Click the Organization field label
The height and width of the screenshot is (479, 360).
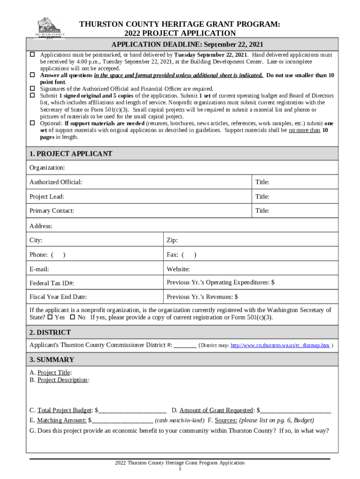pos(47,167)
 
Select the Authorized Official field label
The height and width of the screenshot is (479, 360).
pos(56,182)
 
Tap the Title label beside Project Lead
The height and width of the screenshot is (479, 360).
pos(262,196)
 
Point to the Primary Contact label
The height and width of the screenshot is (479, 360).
pos(52,211)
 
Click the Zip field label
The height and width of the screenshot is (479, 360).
pos(172,240)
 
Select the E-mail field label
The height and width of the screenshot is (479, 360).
pos(39,269)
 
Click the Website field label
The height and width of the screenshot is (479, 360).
pos(178,269)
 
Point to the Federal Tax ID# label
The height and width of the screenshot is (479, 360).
pos(52,283)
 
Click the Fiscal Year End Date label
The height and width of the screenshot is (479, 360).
pos(58,297)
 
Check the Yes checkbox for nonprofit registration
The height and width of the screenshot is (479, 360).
pos(50,318)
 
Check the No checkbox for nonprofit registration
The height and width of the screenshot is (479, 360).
pos(72,318)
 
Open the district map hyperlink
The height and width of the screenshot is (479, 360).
pos(280,346)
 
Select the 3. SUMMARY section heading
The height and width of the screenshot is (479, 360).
pos(51,360)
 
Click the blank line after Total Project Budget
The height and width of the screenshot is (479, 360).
pos(132,411)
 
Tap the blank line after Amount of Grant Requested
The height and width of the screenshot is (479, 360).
pos(295,411)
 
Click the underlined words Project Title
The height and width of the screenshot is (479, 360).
pos(54,373)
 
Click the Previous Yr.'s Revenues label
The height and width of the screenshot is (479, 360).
pos(202,297)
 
